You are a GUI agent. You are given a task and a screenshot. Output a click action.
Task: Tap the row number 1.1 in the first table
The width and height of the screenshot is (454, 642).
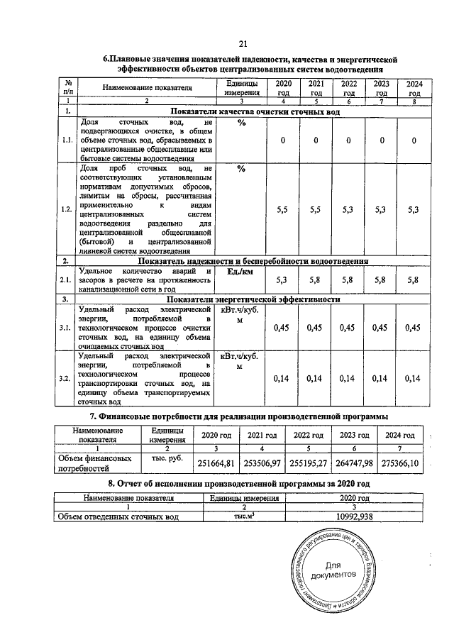(x=67, y=140)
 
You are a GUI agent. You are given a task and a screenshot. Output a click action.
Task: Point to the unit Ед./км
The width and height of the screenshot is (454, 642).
(x=240, y=271)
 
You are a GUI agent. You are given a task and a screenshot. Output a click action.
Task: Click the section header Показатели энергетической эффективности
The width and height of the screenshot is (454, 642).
(x=253, y=299)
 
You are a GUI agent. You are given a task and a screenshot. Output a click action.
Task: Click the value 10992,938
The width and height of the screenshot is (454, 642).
(x=353, y=516)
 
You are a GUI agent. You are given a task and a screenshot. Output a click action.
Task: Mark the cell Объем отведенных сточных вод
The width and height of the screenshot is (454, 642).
(x=118, y=516)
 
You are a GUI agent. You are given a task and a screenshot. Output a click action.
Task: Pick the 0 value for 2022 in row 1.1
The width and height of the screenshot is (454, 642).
(x=349, y=140)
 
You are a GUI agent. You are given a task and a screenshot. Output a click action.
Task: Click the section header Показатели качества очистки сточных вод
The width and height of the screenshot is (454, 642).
(x=253, y=111)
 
